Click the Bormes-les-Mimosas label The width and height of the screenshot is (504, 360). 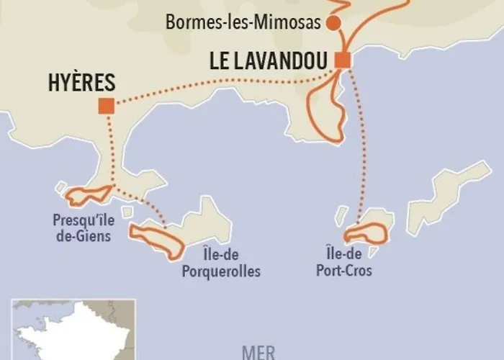pos(242,22)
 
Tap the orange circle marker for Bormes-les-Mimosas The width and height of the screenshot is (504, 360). pos(333,23)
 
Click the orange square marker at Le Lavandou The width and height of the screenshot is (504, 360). pos(343,60)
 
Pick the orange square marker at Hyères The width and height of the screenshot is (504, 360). pos(107,107)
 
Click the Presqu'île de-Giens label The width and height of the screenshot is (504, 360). pos(81,226)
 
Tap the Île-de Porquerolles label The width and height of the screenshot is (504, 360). pos(220,264)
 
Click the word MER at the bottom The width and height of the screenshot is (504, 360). pos(259,353)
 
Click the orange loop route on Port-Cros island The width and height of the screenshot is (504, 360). pos(366,233)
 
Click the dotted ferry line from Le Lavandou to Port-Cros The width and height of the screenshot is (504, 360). pos(362,144)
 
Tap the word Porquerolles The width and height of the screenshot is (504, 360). pos(220,271)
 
